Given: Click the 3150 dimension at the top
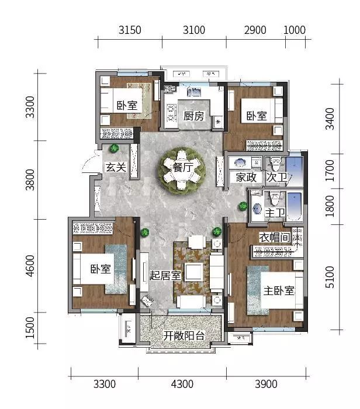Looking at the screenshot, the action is pyautogui.click(x=130, y=30).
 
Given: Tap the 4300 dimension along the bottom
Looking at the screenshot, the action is pyautogui.click(x=182, y=384).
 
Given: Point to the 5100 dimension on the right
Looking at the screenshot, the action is pyautogui.click(x=330, y=277).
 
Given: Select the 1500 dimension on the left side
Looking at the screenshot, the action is pyautogui.click(x=30, y=328).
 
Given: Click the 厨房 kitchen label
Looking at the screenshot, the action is pyautogui.click(x=193, y=116).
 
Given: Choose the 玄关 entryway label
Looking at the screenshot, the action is pyautogui.click(x=116, y=167).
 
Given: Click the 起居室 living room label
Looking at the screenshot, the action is pyautogui.click(x=165, y=275).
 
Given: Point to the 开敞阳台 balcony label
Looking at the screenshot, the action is pyautogui.click(x=184, y=336).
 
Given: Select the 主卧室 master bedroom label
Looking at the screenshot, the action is pyautogui.click(x=279, y=290).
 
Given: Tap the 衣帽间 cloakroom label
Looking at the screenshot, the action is pyautogui.click(x=275, y=237).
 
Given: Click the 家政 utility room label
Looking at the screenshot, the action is pyautogui.click(x=246, y=178).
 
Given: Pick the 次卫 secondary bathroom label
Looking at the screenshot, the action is pyautogui.click(x=276, y=178).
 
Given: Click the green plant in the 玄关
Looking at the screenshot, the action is pyautogui.click(x=114, y=148).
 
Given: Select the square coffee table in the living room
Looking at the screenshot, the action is pyautogui.click(x=194, y=272).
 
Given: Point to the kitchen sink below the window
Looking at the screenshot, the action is pyautogui.click(x=194, y=92).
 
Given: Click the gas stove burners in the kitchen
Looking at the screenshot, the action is pyautogui.click(x=171, y=113).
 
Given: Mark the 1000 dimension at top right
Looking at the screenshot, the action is pyautogui.click(x=295, y=30).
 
